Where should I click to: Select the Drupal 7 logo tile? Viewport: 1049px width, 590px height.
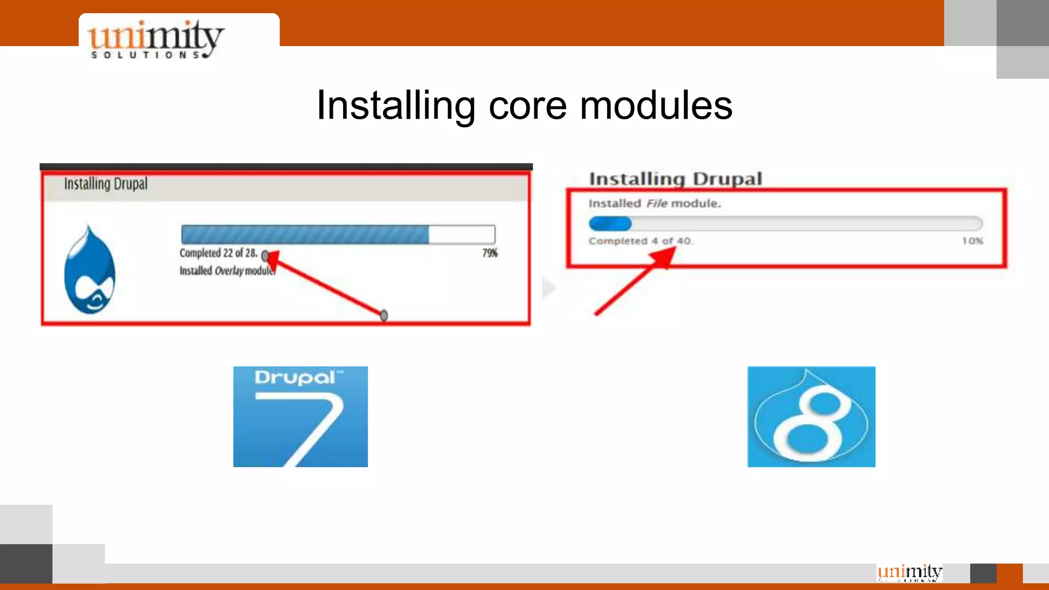click(x=300, y=416)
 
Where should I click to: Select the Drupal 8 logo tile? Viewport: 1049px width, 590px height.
click(x=811, y=416)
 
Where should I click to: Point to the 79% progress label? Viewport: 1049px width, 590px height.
click(x=490, y=253)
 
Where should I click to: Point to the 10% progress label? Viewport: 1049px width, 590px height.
click(x=972, y=241)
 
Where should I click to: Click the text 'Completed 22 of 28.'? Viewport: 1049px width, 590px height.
click(x=218, y=253)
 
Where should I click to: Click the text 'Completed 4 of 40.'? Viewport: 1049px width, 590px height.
click(x=640, y=241)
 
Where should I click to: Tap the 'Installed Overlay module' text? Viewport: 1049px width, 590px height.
click(x=227, y=271)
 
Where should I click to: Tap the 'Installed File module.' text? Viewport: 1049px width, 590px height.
click(x=655, y=203)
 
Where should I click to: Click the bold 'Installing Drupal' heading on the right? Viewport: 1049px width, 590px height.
click(x=676, y=179)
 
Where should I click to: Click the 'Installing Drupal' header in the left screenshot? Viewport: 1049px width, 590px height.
click(x=106, y=184)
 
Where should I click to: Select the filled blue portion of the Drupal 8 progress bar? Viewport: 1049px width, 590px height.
click(x=610, y=224)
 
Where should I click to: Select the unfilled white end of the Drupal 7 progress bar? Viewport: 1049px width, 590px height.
click(x=461, y=235)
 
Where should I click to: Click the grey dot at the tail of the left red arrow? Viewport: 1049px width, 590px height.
click(x=384, y=315)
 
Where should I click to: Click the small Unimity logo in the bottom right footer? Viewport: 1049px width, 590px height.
click(x=910, y=572)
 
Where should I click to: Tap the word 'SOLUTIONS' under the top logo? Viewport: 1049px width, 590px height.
click(x=146, y=55)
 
